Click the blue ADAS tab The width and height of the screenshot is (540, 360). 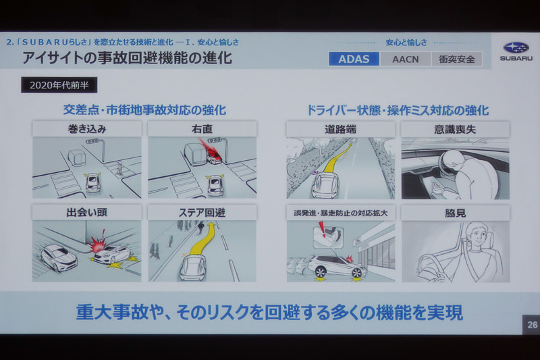(x=354, y=59)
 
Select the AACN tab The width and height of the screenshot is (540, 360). (x=404, y=59)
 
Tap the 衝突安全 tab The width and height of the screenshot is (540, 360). (x=457, y=59)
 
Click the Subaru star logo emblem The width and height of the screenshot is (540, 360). (x=516, y=47)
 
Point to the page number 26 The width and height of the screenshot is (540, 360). (x=531, y=325)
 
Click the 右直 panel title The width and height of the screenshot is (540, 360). (x=202, y=129)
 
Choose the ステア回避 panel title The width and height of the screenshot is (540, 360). (x=202, y=213)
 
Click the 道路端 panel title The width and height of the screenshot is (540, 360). (x=340, y=129)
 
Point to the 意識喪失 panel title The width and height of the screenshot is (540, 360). (x=456, y=129)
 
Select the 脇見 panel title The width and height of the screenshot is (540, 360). (x=456, y=213)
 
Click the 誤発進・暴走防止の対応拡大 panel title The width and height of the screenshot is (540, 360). (x=340, y=213)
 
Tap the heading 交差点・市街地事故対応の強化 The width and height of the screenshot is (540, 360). (x=144, y=109)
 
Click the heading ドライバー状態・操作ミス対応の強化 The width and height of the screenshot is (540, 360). (x=398, y=109)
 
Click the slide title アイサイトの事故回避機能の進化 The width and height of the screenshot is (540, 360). (x=127, y=58)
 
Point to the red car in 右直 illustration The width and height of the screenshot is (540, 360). (x=213, y=158)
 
